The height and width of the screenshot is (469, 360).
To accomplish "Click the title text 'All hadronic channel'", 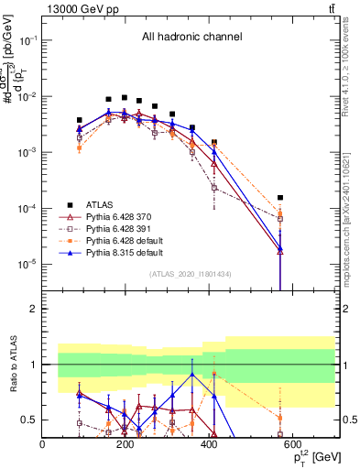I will point(191,38).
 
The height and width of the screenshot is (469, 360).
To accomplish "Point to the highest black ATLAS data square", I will point(124,97).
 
